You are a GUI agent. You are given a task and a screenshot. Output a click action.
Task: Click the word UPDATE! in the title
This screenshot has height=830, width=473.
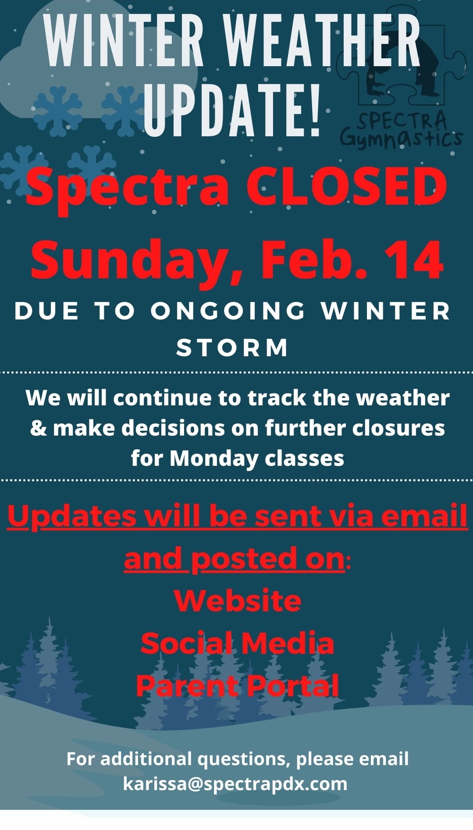click(232, 107)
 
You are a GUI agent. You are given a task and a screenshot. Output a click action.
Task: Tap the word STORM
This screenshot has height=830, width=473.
click(232, 348)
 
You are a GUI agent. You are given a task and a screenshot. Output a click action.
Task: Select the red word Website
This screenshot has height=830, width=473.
click(238, 600)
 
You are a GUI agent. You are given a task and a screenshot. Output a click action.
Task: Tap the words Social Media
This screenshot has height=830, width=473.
click(238, 643)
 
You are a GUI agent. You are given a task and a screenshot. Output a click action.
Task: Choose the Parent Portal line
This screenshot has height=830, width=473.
click(238, 685)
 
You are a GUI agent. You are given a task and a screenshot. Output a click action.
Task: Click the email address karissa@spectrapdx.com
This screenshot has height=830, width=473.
click(235, 784)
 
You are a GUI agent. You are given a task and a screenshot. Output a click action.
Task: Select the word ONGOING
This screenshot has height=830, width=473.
click(228, 311)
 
